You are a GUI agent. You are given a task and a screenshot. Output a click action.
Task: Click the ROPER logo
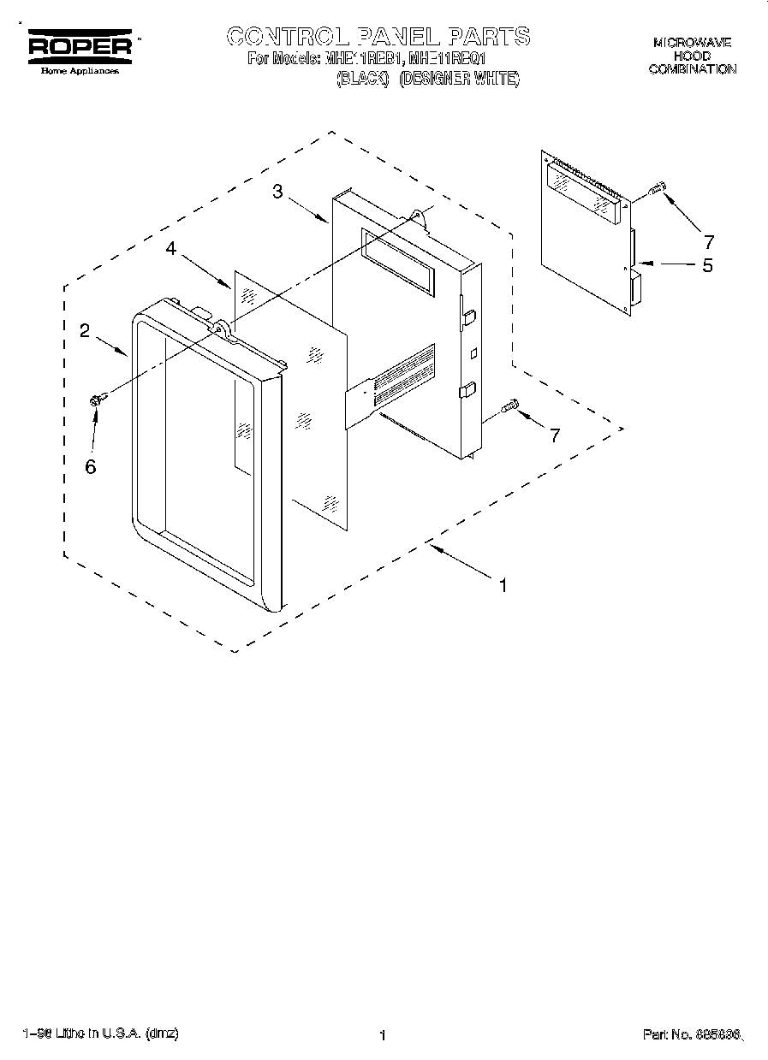(81, 47)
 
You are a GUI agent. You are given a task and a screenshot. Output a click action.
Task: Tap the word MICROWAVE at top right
(692, 42)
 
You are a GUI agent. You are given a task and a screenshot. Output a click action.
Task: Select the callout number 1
(503, 586)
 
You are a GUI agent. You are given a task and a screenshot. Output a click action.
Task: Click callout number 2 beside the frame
(86, 331)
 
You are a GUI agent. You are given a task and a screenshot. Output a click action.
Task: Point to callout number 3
(277, 192)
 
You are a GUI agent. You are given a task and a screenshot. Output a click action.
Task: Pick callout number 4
(171, 248)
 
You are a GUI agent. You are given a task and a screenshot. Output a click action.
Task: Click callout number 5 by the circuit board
(707, 265)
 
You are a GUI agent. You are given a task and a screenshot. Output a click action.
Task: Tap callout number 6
(90, 466)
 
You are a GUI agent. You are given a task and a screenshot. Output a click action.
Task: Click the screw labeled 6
(97, 398)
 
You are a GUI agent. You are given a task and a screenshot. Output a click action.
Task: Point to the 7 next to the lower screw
(554, 435)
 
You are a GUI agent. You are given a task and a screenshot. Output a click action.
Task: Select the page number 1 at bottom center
(382, 1036)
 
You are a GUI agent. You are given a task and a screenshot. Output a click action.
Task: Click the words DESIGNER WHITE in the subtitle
(460, 79)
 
